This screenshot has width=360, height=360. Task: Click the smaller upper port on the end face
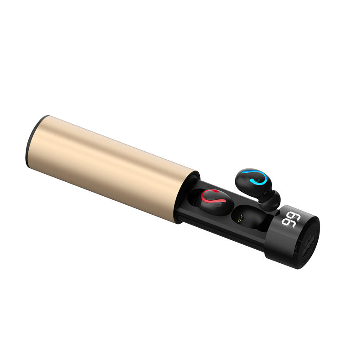tap(309, 243)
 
